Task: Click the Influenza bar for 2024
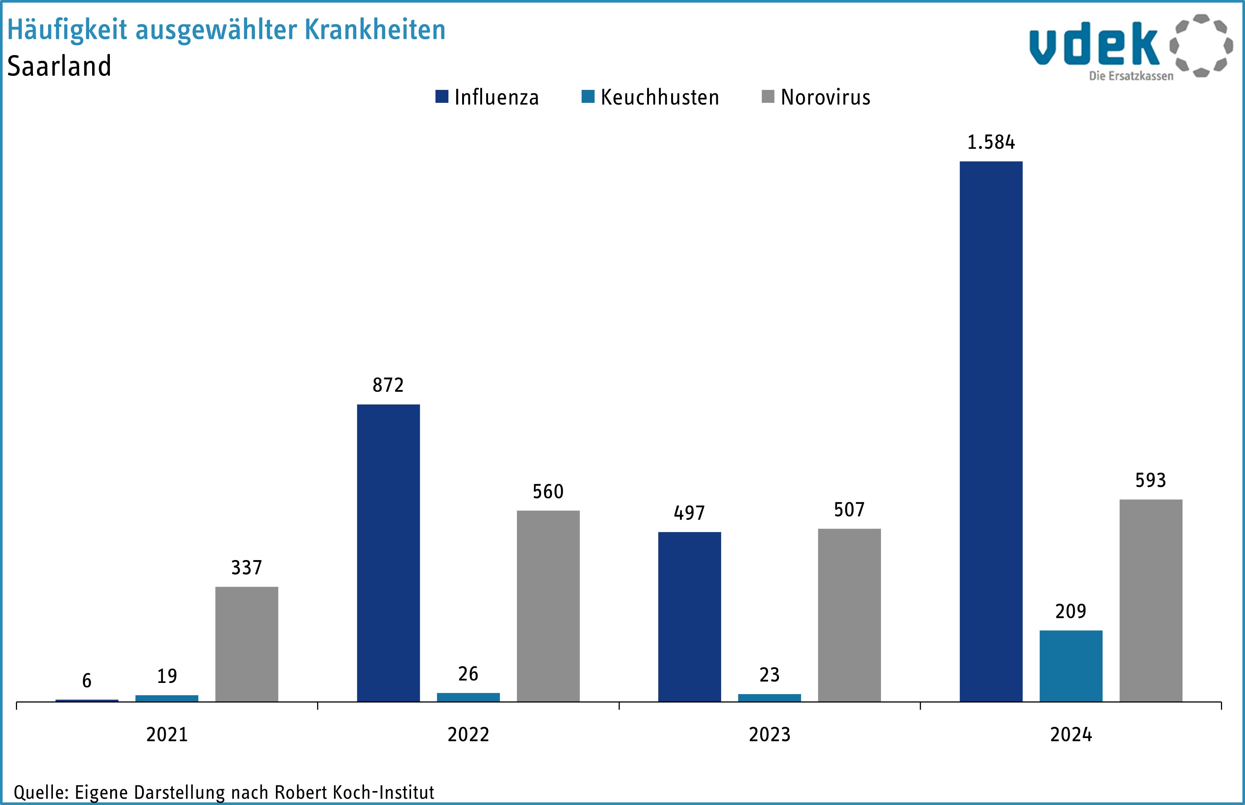[x=990, y=431]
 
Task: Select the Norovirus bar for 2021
[x=247, y=644]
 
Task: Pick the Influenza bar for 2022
[x=388, y=553]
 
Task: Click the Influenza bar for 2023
[x=689, y=617]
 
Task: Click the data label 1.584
[x=990, y=142]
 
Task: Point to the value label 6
[x=87, y=681]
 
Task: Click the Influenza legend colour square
[x=442, y=97]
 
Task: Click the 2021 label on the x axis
[x=167, y=734]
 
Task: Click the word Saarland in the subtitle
[x=59, y=66]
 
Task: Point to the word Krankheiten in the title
[x=375, y=30]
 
